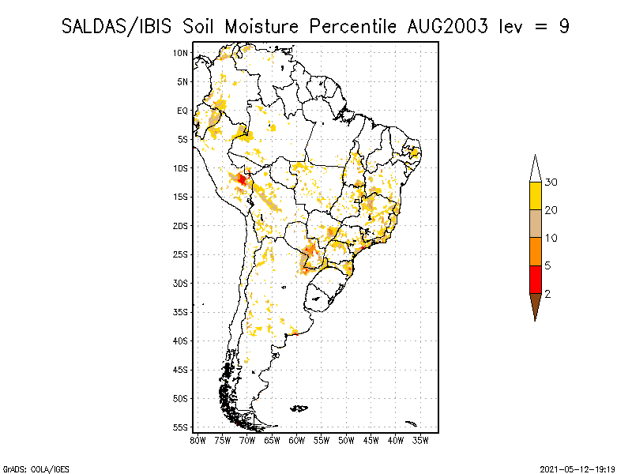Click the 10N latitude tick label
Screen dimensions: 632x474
[x=180, y=53]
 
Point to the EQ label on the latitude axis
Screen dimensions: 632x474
[x=182, y=111]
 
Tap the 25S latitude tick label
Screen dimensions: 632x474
[x=180, y=254]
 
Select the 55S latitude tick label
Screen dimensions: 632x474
[x=180, y=427]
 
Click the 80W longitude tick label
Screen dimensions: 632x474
[x=197, y=441]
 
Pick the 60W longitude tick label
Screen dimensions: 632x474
[x=297, y=441]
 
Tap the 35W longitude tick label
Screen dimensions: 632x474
[x=420, y=441]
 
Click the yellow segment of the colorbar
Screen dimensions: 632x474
[x=536, y=196]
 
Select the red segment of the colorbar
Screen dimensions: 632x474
[x=536, y=280]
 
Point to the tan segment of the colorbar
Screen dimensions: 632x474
[x=536, y=224]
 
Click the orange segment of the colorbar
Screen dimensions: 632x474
[x=536, y=251]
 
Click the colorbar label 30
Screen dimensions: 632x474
[x=551, y=182]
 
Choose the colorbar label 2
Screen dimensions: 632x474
[x=547, y=294]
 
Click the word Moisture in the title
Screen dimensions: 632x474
[x=261, y=27]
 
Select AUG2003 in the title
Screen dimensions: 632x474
[x=447, y=27]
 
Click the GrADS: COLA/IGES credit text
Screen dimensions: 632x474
[x=36, y=469]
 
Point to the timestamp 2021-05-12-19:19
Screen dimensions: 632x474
[x=577, y=469]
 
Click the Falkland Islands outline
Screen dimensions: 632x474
[x=299, y=408]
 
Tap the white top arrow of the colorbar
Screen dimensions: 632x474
[x=536, y=169]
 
